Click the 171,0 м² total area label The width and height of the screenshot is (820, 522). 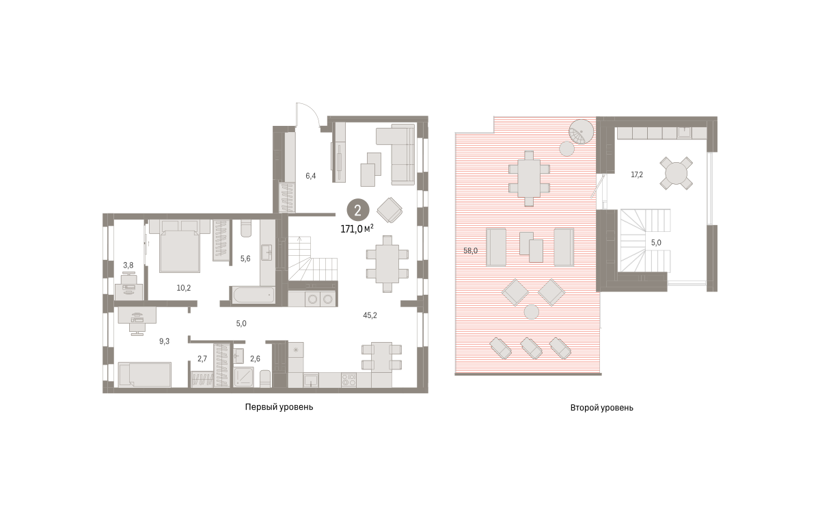(x=357, y=229)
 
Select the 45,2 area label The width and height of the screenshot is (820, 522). (x=370, y=315)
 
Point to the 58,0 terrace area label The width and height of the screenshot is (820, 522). (x=470, y=250)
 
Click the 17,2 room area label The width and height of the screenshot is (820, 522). (x=637, y=175)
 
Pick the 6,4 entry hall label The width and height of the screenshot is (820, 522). (x=310, y=176)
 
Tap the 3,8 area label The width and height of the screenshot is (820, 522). (x=128, y=265)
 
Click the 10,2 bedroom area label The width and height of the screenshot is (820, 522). (x=183, y=288)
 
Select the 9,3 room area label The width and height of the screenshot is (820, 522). (x=165, y=341)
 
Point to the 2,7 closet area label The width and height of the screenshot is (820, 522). (x=202, y=359)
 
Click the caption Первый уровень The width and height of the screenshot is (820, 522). (x=279, y=407)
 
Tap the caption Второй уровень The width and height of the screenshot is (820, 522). (x=601, y=408)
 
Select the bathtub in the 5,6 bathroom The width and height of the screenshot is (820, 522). (x=254, y=295)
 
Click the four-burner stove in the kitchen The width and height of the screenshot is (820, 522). (x=348, y=380)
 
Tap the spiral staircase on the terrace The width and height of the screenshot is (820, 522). (x=581, y=132)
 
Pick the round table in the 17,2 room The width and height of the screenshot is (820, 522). (x=676, y=173)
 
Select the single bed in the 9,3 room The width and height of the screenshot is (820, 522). (x=145, y=374)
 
